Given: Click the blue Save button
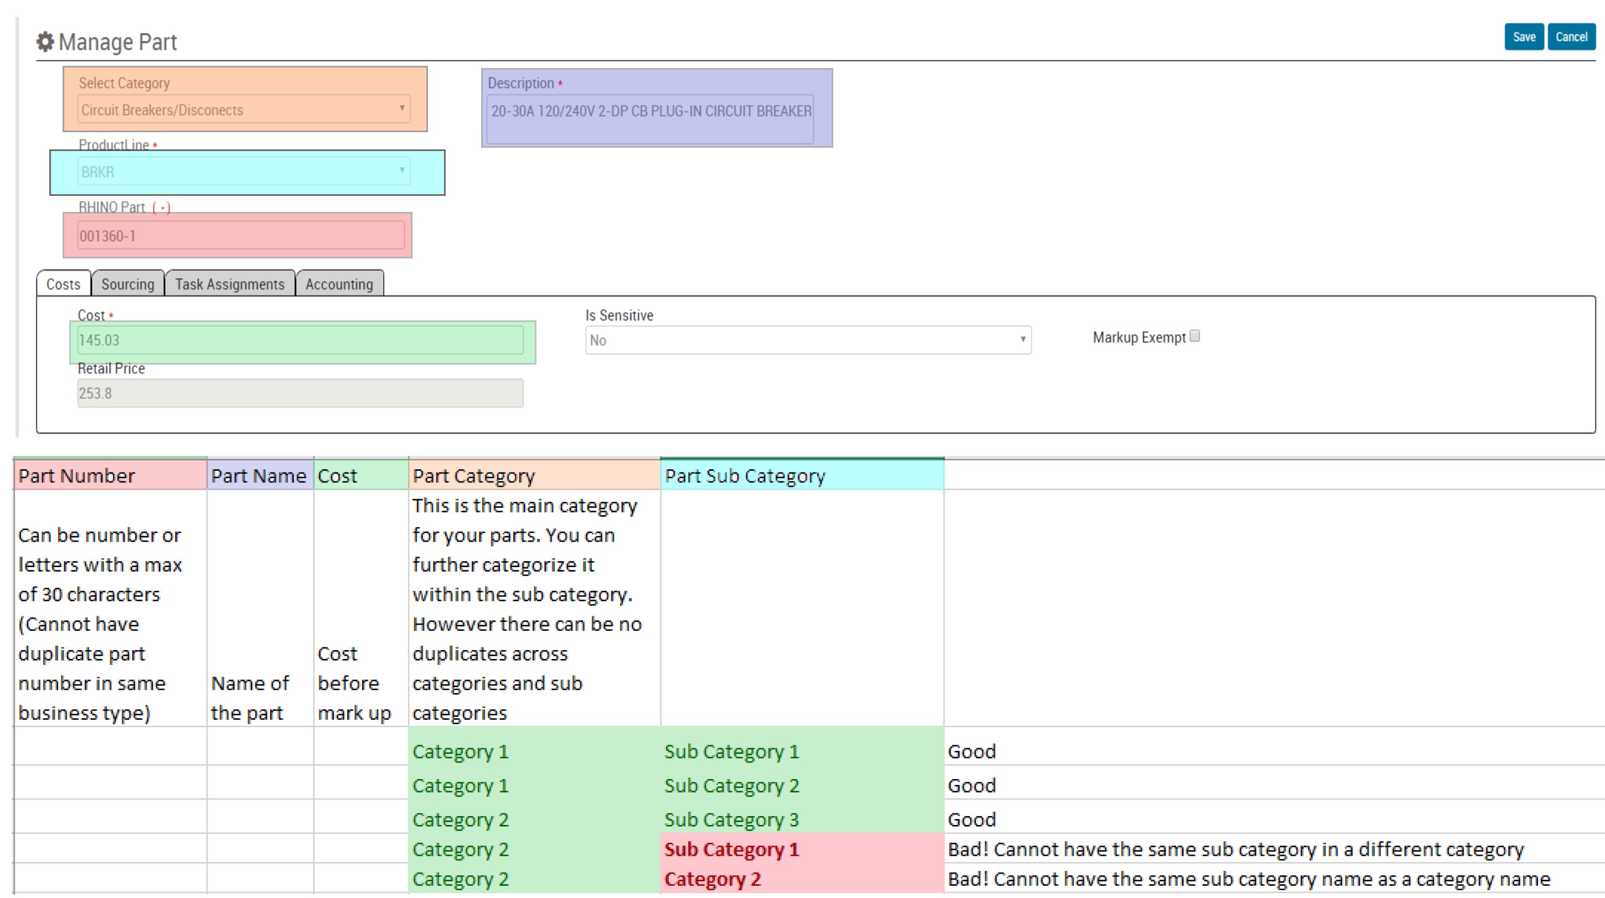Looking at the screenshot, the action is pyautogui.click(x=1524, y=37).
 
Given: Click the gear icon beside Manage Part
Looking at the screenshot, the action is pyautogui.click(x=45, y=41).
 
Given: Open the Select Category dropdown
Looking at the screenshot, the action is pyautogui.click(x=244, y=110).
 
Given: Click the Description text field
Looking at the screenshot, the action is pyautogui.click(x=650, y=118).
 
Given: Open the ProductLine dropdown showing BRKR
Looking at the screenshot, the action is pyautogui.click(x=244, y=172).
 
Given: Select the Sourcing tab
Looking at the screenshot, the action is pyautogui.click(x=128, y=284).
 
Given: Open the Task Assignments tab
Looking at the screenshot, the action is pyautogui.click(x=229, y=284).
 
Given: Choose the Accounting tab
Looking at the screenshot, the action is pyautogui.click(x=339, y=284).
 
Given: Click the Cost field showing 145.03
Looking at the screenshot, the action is pyautogui.click(x=300, y=340).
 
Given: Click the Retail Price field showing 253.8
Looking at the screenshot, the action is pyautogui.click(x=300, y=393).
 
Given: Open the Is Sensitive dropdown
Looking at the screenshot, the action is pyautogui.click(x=808, y=340).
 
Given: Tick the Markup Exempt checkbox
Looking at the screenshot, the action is pyautogui.click(x=1194, y=336).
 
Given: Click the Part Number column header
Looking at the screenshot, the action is pyautogui.click(x=110, y=476).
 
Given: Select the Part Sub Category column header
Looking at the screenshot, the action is pyautogui.click(x=801, y=476).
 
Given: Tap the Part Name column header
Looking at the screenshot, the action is pyautogui.click(x=259, y=476).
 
